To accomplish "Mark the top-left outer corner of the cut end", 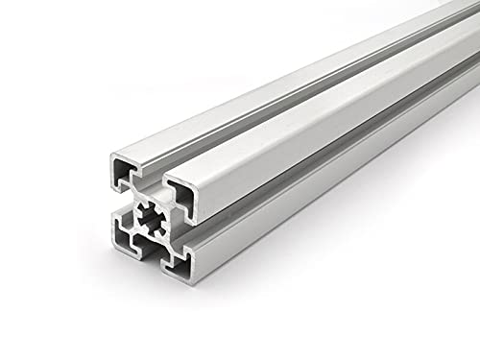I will [x=113, y=155].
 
